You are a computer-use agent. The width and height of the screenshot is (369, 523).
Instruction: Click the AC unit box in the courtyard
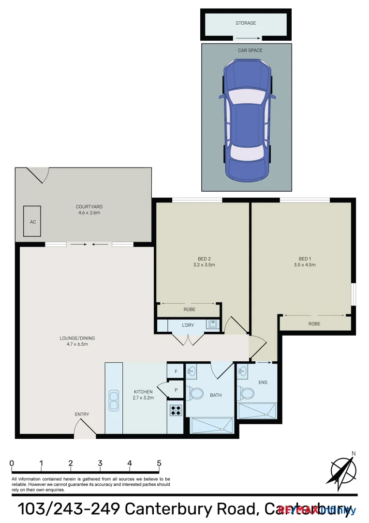33,221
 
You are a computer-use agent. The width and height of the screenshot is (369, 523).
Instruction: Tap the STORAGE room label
246,23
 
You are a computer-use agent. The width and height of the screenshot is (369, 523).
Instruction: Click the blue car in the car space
247,119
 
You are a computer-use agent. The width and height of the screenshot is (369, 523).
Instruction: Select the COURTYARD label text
89,207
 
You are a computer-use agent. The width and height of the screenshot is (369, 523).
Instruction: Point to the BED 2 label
204,259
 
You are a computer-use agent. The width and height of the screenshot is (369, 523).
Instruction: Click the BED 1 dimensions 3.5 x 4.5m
304,265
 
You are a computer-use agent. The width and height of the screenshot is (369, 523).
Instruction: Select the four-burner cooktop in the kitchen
176,410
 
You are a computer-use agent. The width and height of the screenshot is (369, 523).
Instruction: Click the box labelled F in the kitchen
176,371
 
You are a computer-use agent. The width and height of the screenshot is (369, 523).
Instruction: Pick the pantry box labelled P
176,390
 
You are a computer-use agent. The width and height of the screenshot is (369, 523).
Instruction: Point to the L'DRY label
188,325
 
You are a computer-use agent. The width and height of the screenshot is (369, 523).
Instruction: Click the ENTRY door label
82,414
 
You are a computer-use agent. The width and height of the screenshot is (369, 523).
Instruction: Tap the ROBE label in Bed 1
314,323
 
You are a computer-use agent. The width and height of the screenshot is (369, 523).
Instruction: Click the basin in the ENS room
243,372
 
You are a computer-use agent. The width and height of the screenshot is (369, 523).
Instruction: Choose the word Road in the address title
226,509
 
